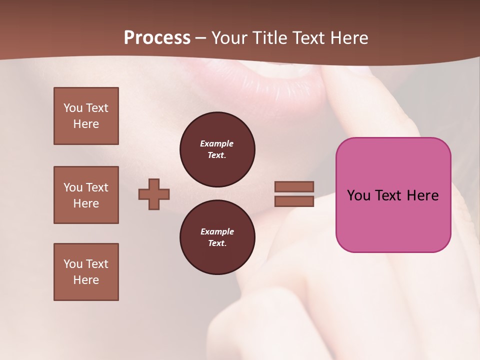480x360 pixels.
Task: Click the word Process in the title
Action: click(x=157, y=38)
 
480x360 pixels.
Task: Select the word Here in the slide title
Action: click(x=348, y=38)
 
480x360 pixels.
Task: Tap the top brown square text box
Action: click(x=86, y=116)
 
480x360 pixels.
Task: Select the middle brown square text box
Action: click(x=86, y=195)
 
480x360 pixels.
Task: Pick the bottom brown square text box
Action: click(x=86, y=272)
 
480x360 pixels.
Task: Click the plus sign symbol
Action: click(x=154, y=194)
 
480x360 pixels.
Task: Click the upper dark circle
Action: click(x=217, y=149)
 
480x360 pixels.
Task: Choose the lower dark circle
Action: click(x=217, y=237)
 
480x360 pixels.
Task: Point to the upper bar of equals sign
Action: click(x=294, y=186)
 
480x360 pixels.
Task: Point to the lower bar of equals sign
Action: click(x=294, y=201)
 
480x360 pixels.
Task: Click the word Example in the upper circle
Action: click(x=216, y=143)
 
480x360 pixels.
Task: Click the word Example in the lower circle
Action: click(x=217, y=231)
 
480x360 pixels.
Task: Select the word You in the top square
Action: click(x=73, y=108)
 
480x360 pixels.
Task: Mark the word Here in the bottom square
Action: click(x=86, y=280)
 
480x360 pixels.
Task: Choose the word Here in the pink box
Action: click(x=423, y=195)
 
